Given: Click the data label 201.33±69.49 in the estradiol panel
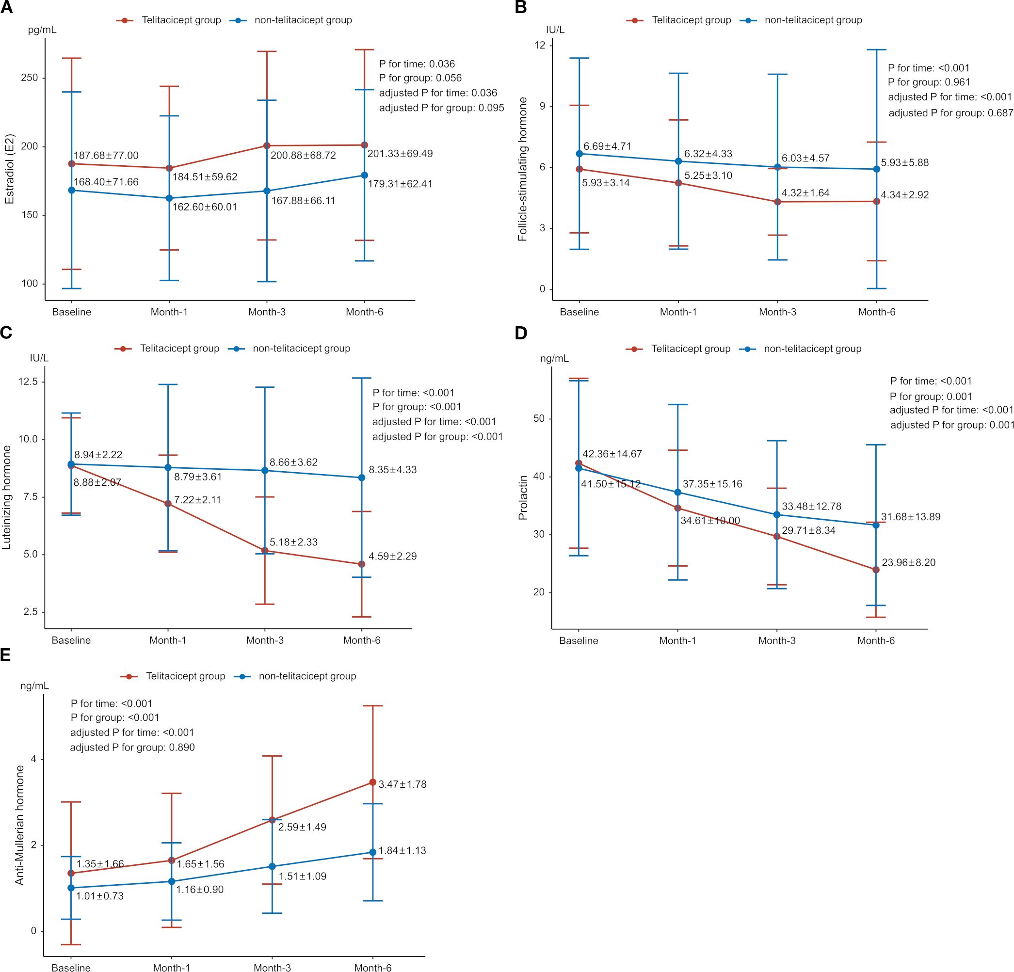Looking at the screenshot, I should click(400, 154).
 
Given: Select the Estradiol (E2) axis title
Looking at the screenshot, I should click(9, 169).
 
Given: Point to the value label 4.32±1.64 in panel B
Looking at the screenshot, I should click(805, 193).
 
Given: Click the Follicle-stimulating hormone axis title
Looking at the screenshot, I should click(523, 169).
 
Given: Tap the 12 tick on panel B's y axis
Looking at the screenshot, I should click(540, 46).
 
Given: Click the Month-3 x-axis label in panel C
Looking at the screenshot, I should click(265, 640).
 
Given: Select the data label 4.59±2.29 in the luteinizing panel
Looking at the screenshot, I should click(393, 556).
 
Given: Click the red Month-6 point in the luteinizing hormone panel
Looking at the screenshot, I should click(362, 564).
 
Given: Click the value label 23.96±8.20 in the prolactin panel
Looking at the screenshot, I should click(908, 562).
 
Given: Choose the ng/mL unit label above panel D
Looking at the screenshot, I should click(554, 358).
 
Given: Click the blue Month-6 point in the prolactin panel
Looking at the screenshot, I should click(876, 525).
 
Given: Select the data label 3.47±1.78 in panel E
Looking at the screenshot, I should click(402, 784).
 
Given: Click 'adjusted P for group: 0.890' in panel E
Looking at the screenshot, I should click(132, 747).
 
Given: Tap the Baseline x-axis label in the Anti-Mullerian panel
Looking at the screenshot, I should click(71, 967).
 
